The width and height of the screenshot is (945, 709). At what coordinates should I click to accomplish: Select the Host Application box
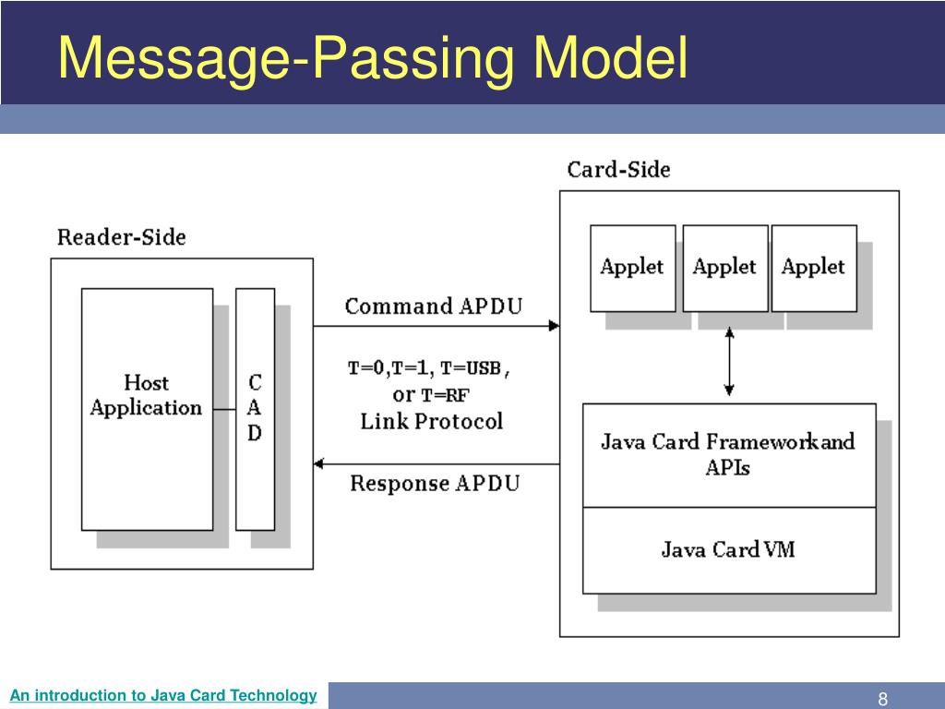click(x=147, y=409)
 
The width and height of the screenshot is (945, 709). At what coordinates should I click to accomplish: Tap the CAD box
click(x=255, y=409)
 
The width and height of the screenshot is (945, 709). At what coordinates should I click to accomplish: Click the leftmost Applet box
click(x=632, y=268)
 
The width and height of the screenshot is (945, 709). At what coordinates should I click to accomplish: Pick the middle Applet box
click(x=724, y=268)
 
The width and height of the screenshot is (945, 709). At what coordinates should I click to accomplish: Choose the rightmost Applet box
click(x=813, y=268)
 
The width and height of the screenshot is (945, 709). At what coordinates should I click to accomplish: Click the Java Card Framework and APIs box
click(x=728, y=454)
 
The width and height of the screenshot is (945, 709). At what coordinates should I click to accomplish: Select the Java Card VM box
click(x=728, y=550)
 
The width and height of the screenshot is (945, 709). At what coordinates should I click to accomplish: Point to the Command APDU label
click(x=433, y=306)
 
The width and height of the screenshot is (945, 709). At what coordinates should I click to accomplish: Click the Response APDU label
click(x=435, y=483)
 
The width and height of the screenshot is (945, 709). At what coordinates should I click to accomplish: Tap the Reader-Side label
click(x=121, y=237)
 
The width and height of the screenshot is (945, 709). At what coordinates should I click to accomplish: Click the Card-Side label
click(x=618, y=170)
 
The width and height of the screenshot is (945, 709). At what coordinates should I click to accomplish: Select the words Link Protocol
click(x=432, y=422)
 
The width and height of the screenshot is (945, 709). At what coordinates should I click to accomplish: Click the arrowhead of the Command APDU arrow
click(x=554, y=326)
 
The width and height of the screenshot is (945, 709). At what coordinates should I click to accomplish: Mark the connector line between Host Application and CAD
click(x=223, y=409)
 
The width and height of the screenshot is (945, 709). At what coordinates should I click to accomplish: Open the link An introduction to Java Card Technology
click(x=163, y=695)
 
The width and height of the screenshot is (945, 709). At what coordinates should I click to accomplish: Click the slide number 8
click(x=882, y=698)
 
